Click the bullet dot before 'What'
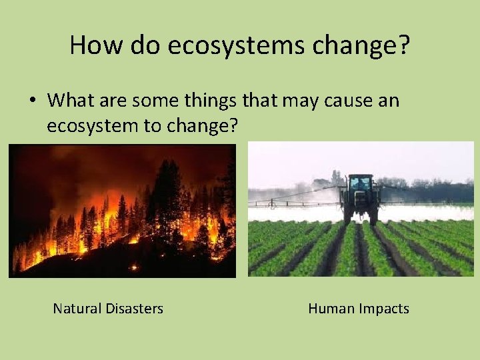click(32, 101)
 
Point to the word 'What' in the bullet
click(69, 101)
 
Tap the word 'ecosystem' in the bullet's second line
click(92, 126)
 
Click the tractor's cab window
click(361, 183)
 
